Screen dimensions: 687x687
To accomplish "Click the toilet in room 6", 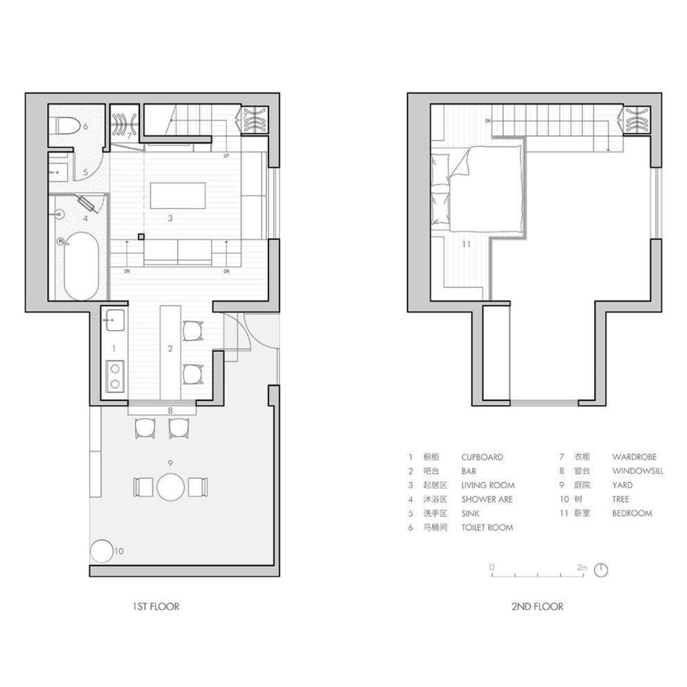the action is click(67, 126).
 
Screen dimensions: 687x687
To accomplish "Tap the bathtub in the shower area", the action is click(81, 266).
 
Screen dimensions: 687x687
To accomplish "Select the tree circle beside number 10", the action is click(102, 551).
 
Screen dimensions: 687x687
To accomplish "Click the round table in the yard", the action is click(171, 486).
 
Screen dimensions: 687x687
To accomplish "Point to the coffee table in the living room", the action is click(178, 196).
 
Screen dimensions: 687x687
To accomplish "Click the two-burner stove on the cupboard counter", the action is click(115, 376).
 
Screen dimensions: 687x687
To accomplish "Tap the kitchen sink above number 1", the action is click(114, 320).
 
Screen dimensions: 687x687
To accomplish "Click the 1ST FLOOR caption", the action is click(156, 607).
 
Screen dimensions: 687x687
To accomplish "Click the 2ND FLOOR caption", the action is click(537, 607).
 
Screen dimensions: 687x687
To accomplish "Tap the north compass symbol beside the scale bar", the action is click(602, 570).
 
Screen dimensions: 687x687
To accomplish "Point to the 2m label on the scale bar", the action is click(582, 567).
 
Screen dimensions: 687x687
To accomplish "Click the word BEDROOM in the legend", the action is click(631, 513).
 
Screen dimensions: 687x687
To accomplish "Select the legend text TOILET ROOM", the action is click(486, 527).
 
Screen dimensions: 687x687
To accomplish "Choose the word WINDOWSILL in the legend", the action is click(638, 471).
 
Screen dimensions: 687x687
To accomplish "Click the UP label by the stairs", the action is click(226, 156).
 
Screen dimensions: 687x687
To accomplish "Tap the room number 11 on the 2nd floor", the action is click(466, 244).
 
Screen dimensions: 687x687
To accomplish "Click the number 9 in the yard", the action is click(170, 463).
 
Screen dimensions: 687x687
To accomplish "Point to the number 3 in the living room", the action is click(170, 218).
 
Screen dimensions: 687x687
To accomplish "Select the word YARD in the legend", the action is click(622, 485).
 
